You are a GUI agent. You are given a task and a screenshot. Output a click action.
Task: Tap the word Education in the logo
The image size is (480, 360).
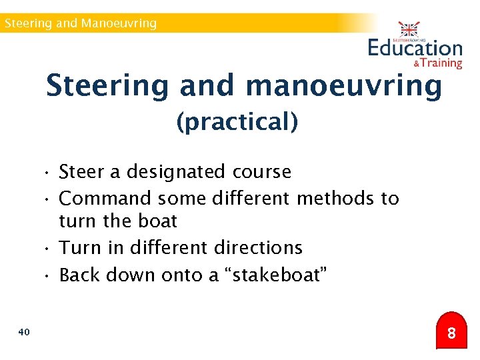pos(415,48)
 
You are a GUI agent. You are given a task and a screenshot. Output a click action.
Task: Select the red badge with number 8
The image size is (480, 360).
pos(451,332)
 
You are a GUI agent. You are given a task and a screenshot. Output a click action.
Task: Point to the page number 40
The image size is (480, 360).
pos(24,331)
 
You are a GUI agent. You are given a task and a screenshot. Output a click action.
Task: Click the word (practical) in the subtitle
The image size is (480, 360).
pos(237,122)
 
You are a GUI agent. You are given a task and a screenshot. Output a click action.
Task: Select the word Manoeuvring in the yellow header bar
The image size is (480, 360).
pos(119,23)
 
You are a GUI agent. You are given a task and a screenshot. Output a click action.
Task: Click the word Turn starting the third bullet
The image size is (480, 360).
pos(79,248)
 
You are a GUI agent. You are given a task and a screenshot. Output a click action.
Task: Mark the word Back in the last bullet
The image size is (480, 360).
pos(80,275)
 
